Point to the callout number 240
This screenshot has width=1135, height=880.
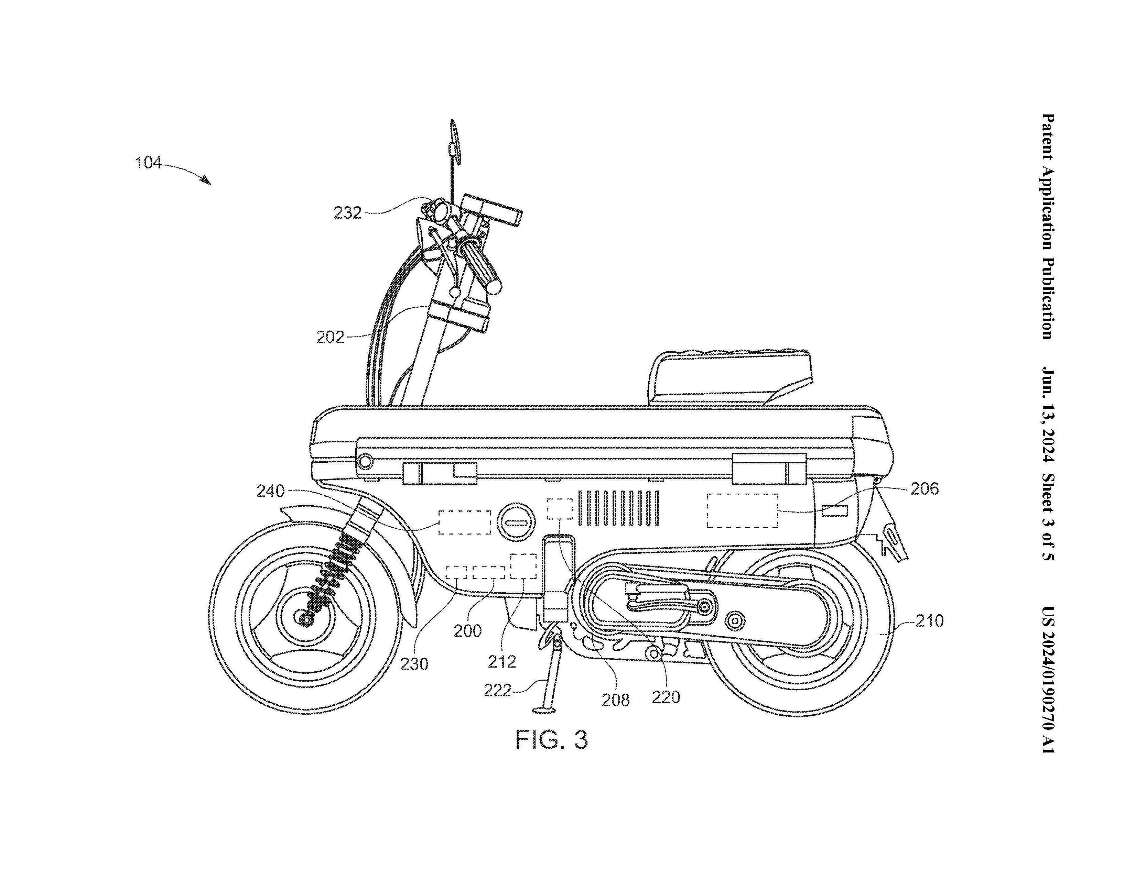(x=270, y=491)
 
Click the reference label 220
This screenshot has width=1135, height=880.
(x=666, y=697)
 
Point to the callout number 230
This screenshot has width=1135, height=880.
(x=414, y=663)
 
